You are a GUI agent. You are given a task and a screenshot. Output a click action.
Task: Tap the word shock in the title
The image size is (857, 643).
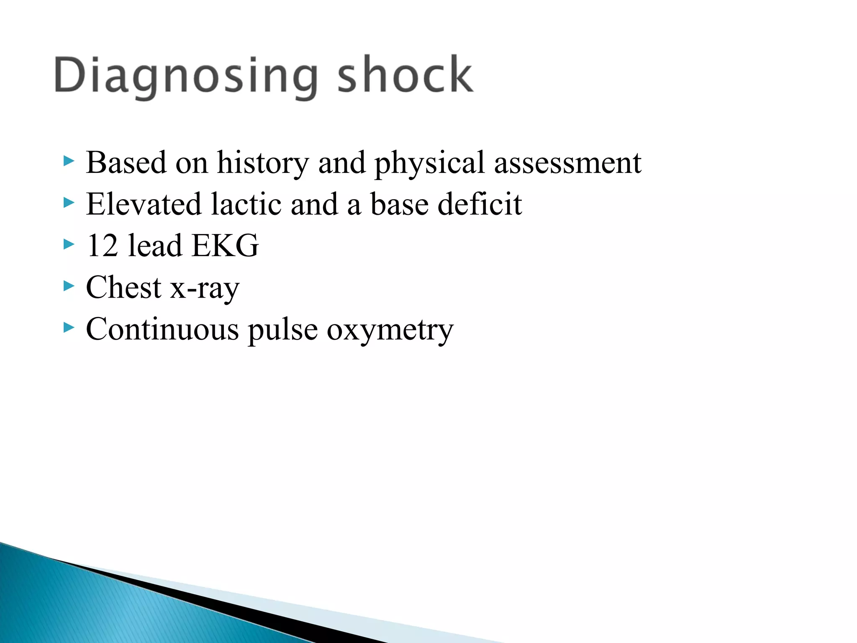coord(405,75)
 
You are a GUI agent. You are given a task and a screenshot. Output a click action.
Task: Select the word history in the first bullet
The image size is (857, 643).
coord(263,163)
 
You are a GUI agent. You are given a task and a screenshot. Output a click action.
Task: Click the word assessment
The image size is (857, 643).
coord(567,163)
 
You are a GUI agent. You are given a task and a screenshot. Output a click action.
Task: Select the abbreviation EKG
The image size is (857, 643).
coord(225,246)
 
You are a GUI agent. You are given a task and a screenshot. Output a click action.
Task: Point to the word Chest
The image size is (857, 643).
coord(123,288)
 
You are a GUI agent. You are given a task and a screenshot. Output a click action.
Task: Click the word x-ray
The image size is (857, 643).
coord(205,288)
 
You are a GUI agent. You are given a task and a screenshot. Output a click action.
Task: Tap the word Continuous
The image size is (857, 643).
coord(162,329)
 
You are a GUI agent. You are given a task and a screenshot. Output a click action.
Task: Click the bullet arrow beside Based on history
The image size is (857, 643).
coord(69,161)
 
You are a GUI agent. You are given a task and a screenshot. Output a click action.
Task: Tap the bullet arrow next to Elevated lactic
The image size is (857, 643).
coord(69,203)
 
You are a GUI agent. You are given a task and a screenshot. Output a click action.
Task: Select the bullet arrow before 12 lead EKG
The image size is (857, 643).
coord(69,244)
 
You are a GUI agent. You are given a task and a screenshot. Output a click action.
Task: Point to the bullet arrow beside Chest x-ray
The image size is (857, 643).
coord(69,286)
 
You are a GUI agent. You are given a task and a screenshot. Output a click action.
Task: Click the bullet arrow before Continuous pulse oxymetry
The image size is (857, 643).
coord(69,328)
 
